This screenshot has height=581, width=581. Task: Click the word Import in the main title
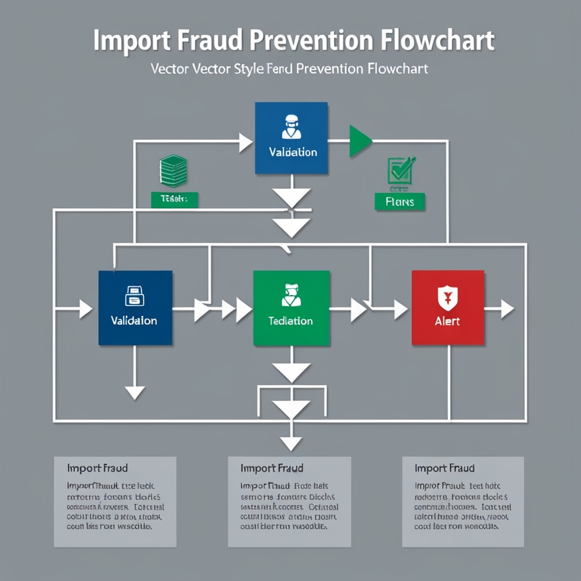(132, 40)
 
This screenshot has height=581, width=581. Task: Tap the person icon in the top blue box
(291, 127)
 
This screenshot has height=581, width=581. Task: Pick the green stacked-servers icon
(173, 171)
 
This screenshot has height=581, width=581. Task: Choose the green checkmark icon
(400, 170)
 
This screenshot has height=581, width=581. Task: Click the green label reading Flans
(399, 202)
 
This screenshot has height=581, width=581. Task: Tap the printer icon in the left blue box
(134, 296)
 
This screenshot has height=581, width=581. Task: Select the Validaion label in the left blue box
(134, 320)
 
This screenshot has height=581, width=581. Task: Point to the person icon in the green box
(290, 295)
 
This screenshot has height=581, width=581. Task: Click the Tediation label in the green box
(290, 320)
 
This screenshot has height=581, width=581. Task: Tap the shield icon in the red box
(447, 297)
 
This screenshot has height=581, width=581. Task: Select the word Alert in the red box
(447, 321)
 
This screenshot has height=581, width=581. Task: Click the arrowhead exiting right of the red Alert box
(507, 309)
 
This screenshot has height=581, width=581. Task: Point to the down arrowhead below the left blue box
(135, 392)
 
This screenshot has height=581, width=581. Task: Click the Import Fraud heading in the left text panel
(97, 468)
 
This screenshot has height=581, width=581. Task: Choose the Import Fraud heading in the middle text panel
(271, 468)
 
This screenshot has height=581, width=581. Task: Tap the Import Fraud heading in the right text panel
(445, 468)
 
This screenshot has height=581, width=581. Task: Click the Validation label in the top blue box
(292, 152)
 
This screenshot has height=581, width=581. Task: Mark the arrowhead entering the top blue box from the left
(246, 143)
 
